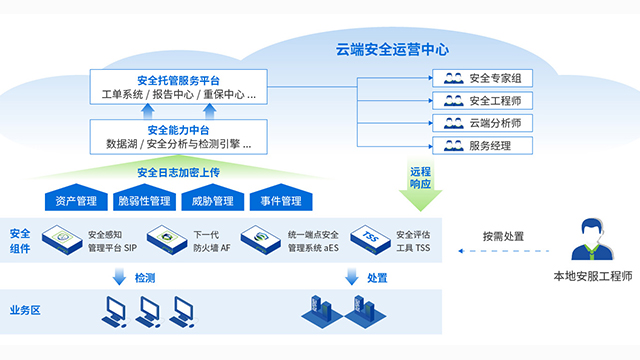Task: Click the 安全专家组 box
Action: [x=483, y=78]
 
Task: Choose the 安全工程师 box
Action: [x=483, y=101]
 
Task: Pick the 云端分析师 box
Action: [x=483, y=123]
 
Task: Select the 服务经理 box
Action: [x=483, y=146]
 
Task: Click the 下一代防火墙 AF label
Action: [x=211, y=241]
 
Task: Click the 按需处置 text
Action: [x=502, y=238]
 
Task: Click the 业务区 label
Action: [x=24, y=310]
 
